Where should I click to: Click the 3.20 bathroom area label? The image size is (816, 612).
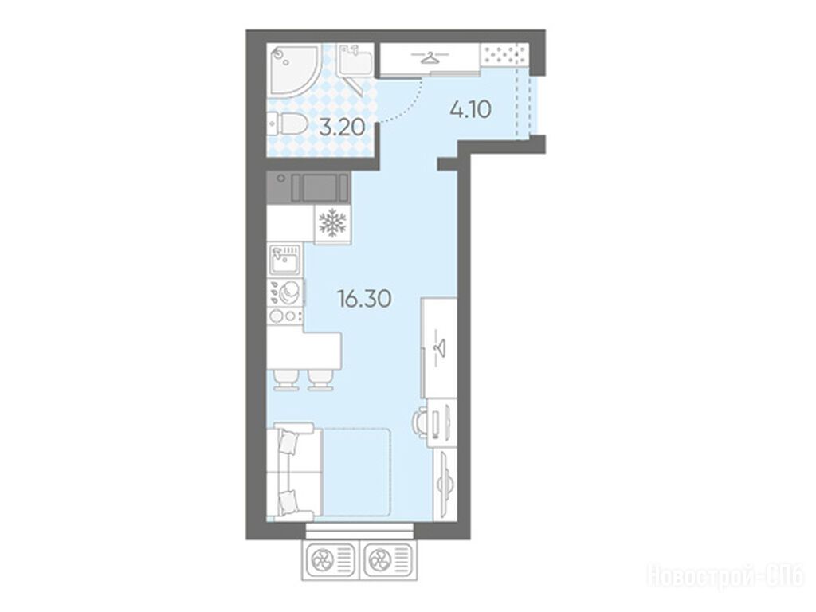tap(341, 127)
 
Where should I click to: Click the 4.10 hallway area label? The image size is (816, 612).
tap(470, 110)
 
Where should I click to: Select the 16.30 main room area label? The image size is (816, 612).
tap(364, 299)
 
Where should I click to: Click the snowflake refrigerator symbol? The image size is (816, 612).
tap(332, 223)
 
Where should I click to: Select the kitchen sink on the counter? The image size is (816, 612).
tap(285, 260)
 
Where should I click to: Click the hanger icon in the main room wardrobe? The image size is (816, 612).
tap(440, 346)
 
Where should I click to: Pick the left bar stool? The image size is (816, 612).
tap(286, 379)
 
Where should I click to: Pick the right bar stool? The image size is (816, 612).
tap(320, 379)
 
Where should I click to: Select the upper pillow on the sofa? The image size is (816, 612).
tap(288, 443)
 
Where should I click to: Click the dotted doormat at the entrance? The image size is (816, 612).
tap(504, 55)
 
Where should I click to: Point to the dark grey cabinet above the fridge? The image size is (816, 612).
tap(308, 187)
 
